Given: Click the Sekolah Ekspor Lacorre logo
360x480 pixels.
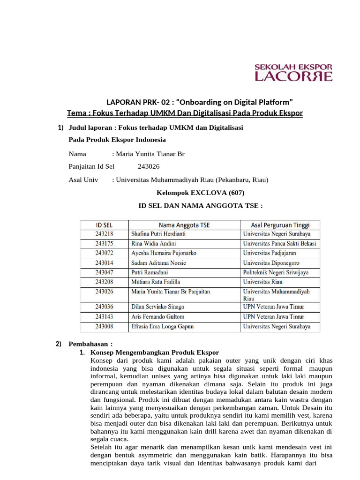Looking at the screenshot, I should click(x=293, y=73).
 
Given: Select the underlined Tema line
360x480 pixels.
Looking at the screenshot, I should click(x=185, y=113).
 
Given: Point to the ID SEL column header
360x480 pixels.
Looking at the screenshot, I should click(x=104, y=225).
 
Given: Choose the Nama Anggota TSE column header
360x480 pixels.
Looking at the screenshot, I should click(x=184, y=225).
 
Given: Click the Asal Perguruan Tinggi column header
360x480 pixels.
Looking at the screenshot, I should click(x=280, y=225).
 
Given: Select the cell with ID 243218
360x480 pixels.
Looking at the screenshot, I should click(x=104, y=234).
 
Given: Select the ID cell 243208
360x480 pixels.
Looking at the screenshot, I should click(x=104, y=282).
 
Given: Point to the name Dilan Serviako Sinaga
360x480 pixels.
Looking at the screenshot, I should click(x=157, y=307).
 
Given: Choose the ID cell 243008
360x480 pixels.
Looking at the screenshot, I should click(x=104, y=326).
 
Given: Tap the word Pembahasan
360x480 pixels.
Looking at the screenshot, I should click(x=88, y=344).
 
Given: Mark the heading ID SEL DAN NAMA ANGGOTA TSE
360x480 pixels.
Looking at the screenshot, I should click(x=200, y=205).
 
